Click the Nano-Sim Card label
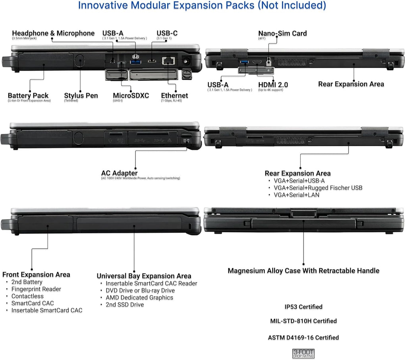click(282, 33)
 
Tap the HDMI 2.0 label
click(273, 85)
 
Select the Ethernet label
click(174, 96)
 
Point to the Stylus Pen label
click(81, 96)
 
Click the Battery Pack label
click(28, 96)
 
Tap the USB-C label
click(167, 33)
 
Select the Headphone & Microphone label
click(53, 33)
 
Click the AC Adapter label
click(119, 173)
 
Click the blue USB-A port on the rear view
click(243, 62)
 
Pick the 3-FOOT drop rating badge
click(303, 353)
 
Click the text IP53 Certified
click(303, 307)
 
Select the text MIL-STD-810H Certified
click(303, 321)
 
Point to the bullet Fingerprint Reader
click(36, 289)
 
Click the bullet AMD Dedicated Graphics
click(139, 298)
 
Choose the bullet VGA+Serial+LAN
click(296, 195)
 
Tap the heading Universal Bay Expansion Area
click(144, 276)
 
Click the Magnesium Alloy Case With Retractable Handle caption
click(303, 271)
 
